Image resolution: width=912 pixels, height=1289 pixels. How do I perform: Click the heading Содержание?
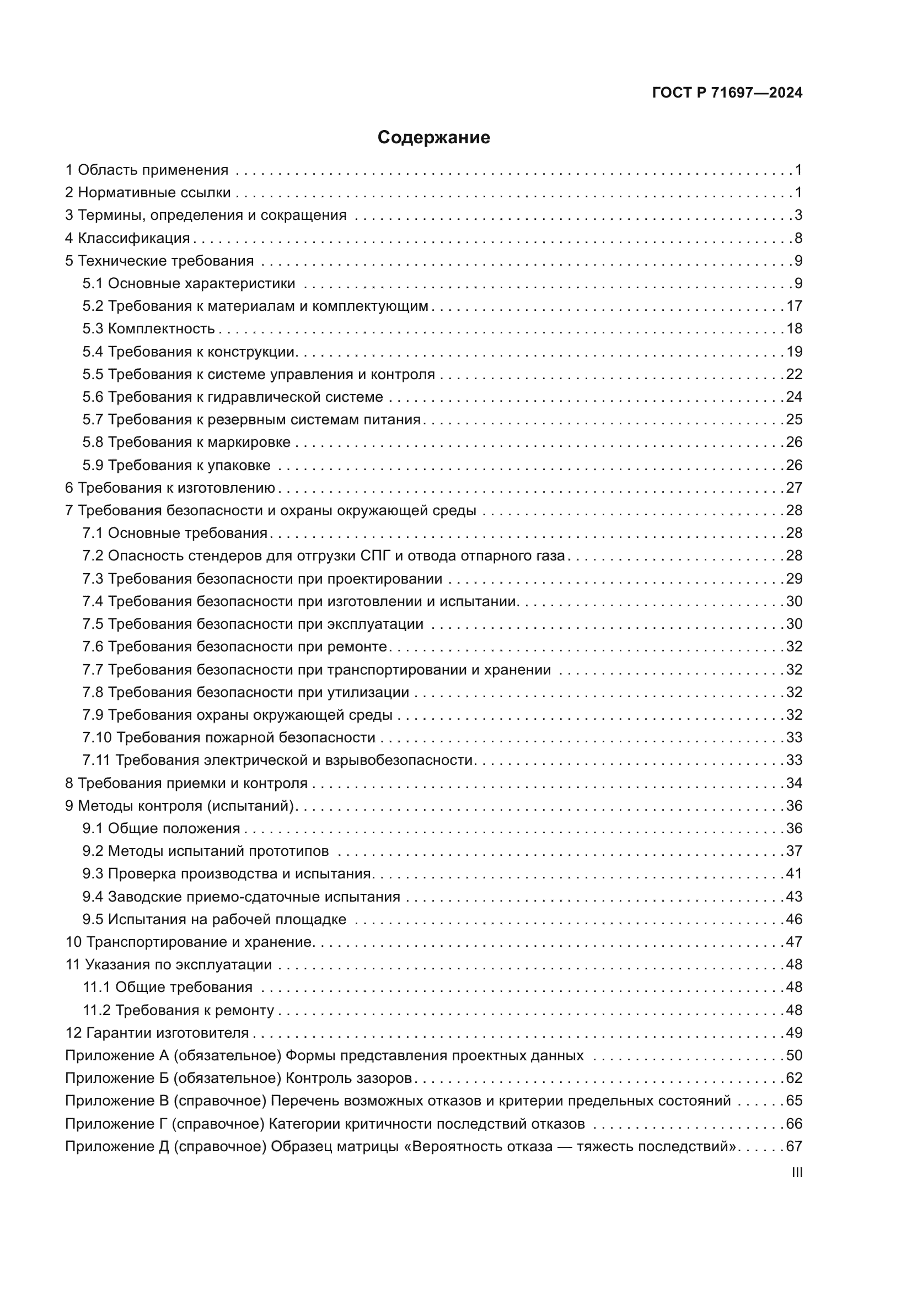[x=433, y=138]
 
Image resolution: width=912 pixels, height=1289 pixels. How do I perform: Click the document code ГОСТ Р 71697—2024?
[x=727, y=93]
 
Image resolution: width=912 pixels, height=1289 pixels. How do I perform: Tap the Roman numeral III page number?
[x=797, y=1172]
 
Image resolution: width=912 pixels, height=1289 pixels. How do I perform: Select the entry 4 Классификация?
[x=127, y=238]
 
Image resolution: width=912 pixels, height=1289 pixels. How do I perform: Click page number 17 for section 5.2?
[x=794, y=306]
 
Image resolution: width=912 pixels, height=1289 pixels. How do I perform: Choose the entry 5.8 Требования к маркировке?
[x=186, y=443]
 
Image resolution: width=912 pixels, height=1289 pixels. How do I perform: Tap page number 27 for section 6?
[x=794, y=487]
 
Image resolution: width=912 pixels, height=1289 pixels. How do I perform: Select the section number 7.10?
[x=97, y=737]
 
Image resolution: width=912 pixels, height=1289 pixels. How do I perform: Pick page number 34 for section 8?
[x=794, y=783]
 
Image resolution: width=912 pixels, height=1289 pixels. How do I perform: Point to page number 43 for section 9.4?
[x=794, y=897]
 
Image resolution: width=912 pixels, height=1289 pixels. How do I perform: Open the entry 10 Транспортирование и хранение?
[x=189, y=941]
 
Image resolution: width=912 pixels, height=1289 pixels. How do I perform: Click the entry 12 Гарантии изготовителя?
[x=157, y=1032]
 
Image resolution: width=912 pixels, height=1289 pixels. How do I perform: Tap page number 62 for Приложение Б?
[x=794, y=1078]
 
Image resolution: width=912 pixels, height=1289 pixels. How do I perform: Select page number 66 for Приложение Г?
[x=794, y=1123]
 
